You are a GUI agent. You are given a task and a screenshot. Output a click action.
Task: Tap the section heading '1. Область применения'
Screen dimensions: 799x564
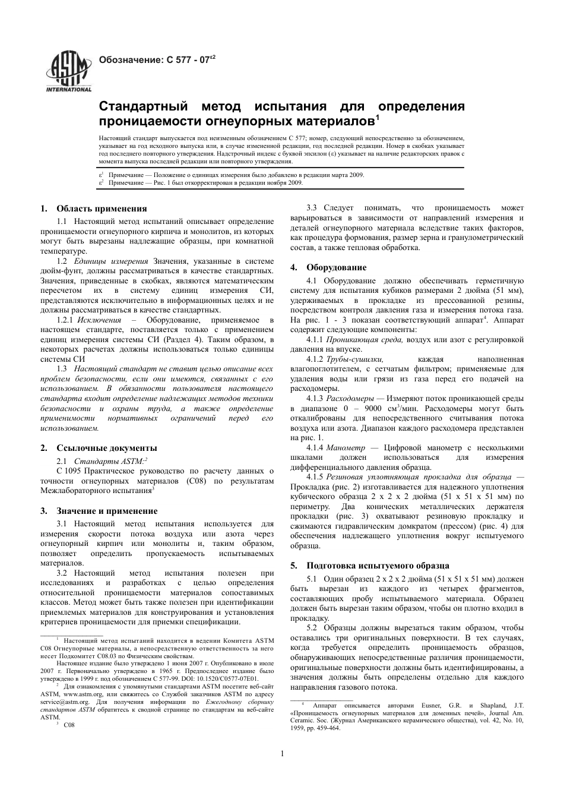tap(94, 209)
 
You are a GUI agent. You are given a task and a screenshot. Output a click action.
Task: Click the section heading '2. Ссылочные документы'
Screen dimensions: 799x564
tap(99, 448)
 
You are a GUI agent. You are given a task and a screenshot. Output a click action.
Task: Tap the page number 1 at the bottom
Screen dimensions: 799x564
tap(282, 754)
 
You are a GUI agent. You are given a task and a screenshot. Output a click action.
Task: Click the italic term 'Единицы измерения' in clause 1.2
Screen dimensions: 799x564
tap(111, 261)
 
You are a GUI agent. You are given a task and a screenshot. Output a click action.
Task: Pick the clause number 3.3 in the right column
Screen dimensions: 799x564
tap(312, 208)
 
